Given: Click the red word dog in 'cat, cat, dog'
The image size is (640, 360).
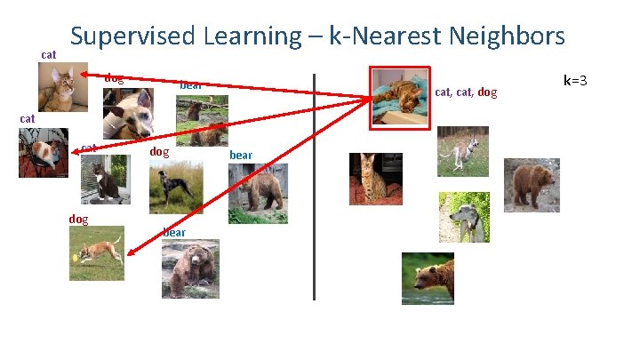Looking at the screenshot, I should click(x=487, y=92).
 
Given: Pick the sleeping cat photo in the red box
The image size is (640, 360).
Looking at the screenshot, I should click(x=399, y=97).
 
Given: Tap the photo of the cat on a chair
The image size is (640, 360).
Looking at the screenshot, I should click(x=43, y=153).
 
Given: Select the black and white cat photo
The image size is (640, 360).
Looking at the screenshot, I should click(x=105, y=178).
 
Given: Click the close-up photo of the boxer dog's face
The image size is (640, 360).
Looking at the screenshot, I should click(x=127, y=114).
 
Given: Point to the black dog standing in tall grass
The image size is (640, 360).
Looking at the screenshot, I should click(x=175, y=188).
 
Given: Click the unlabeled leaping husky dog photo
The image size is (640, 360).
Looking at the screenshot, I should click(x=462, y=151).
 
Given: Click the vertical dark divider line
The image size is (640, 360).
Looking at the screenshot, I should click(x=315, y=187).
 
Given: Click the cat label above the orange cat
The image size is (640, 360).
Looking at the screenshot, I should click(x=49, y=55).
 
